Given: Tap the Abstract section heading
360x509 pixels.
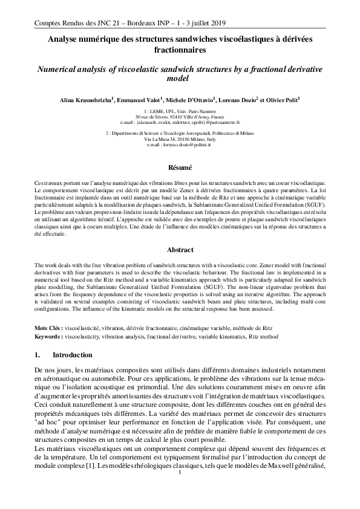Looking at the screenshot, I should (180, 250).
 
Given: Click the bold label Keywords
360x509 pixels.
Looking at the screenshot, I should (47, 334).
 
